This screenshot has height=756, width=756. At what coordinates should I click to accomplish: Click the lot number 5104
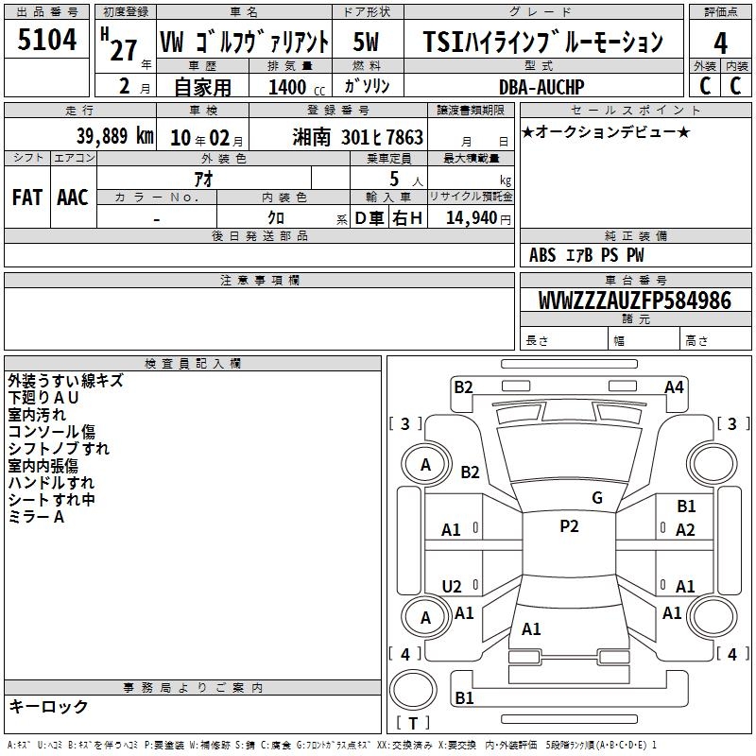point(47,41)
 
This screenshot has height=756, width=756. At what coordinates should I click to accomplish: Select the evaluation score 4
point(721,43)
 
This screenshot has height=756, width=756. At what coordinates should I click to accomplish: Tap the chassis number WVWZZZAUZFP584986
point(634,301)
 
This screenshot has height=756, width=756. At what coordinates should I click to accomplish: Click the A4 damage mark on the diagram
point(674,387)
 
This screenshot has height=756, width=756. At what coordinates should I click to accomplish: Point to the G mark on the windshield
point(596,497)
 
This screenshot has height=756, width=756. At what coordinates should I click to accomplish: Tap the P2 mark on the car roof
point(569,526)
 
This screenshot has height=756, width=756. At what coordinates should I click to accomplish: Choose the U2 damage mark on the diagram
point(452,586)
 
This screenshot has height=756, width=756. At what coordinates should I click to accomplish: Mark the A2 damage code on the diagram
point(685,530)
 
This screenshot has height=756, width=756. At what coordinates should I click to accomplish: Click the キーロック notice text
point(48,707)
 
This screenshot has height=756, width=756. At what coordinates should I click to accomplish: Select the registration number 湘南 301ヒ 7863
point(358,138)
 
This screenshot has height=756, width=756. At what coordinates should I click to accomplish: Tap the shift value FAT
point(26,197)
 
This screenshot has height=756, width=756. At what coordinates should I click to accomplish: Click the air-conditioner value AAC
point(72,197)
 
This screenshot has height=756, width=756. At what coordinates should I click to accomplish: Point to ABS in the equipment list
point(542,255)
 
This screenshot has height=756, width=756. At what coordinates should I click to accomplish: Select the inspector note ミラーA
point(36,516)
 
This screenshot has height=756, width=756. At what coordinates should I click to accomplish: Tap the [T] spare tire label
point(413,724)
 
